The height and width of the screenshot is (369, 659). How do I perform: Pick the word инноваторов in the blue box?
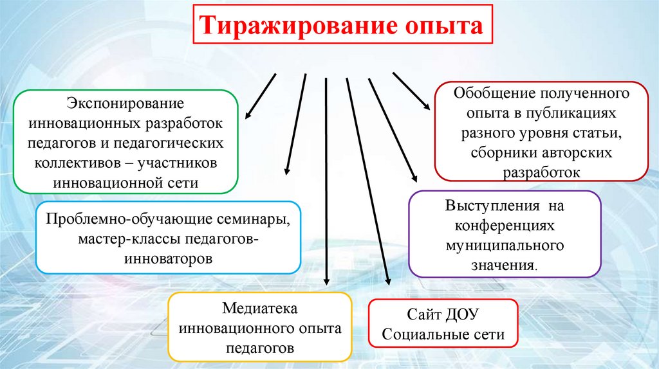point(168,260)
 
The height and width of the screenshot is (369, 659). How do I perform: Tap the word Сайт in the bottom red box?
point(422,315)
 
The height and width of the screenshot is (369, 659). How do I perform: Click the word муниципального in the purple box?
point(505,246)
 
